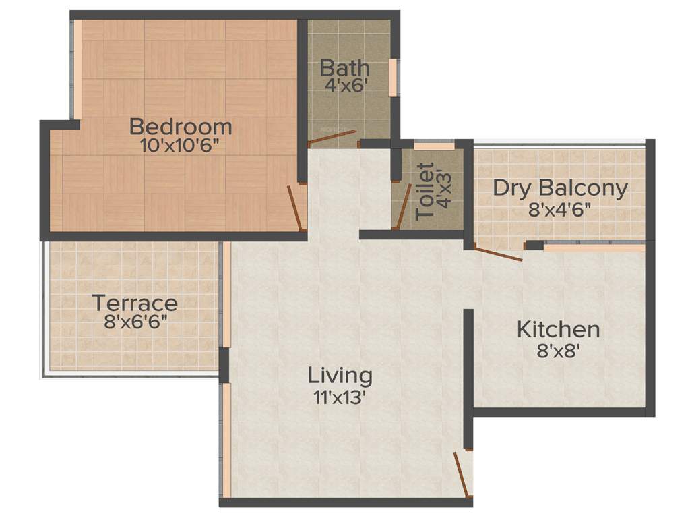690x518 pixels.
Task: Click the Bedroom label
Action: (x=181, y=126)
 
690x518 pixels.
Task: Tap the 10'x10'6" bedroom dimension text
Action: (x=181, y=146)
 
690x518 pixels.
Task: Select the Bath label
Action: (x=344, y=68)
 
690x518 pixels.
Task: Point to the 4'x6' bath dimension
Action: (x=344, y=86)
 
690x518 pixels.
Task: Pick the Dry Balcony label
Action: (x=560, y=188)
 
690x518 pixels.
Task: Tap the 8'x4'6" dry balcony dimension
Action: (x=560, y=208)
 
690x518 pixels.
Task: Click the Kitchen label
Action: (x=558, y=330)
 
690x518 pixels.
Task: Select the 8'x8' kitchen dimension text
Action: (x=558, y=351)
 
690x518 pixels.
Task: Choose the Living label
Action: (x=340, y=375)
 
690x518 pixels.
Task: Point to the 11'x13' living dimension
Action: (x=340, y=397)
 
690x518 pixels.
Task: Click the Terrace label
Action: (x=135, y=303)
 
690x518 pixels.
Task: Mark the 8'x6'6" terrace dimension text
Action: (x=135, y=322)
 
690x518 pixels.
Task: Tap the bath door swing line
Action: (x=333, y=137)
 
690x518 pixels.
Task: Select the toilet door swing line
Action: (x=404, y=205)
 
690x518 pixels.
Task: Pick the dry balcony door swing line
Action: (x=498, y=255)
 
